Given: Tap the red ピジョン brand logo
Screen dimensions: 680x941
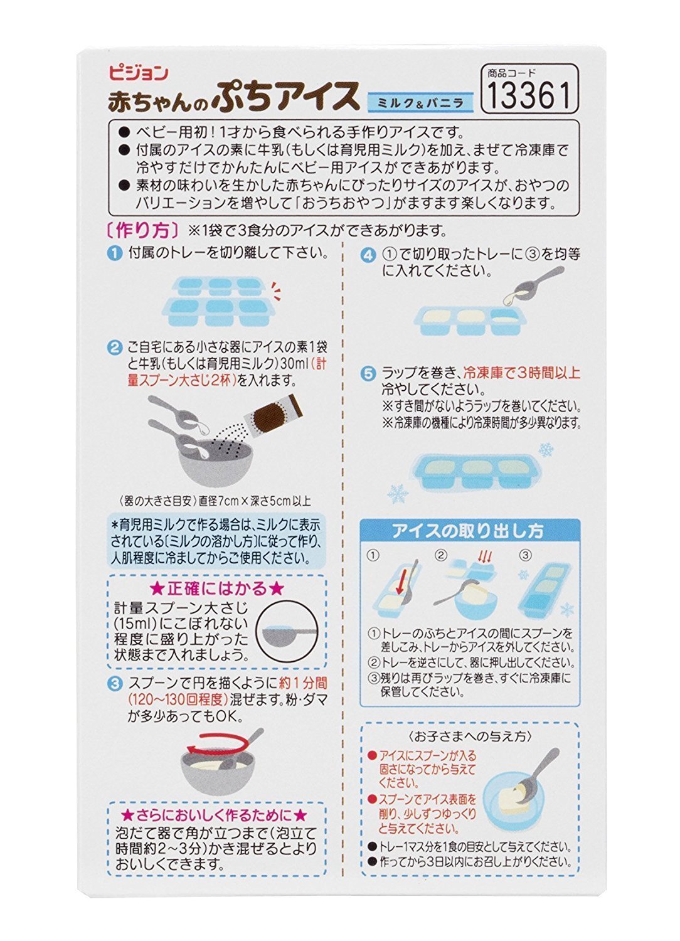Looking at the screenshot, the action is click(138, 73).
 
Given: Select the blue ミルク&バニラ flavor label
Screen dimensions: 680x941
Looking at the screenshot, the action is click(420, 102).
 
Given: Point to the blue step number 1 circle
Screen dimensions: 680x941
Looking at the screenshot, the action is click(114, 253).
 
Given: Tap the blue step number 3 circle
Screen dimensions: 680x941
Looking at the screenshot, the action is click(114, 684).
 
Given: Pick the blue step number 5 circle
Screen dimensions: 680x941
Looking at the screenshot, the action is click(368, 373).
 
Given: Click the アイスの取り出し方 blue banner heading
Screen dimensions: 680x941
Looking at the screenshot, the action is click(470, 531).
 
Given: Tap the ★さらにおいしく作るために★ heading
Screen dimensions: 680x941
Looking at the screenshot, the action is click(215, 816).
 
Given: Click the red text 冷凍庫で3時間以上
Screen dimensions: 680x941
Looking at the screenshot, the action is click(521, 373).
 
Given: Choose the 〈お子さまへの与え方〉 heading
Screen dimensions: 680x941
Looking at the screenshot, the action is click(470, 736).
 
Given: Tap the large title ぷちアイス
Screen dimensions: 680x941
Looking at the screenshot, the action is click(286, 97).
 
